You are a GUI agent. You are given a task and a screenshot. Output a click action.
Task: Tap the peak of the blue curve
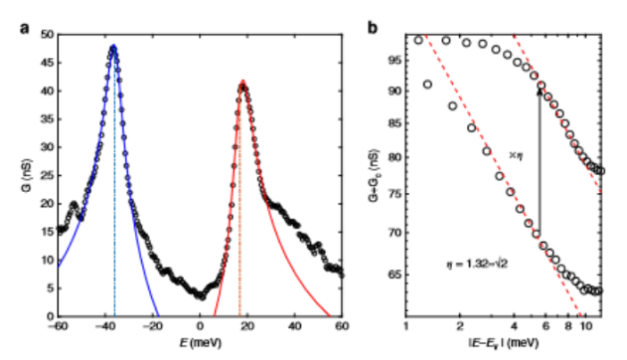[x=113, y=46]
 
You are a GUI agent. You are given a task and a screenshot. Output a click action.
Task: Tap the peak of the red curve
[x=241, y=84]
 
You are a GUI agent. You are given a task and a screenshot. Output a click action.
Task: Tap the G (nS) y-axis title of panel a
[x=24, y=175]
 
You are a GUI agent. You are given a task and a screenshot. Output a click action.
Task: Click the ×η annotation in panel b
[x=516, y=155]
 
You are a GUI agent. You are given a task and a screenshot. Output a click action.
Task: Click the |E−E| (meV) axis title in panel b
[x=505, y=341]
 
